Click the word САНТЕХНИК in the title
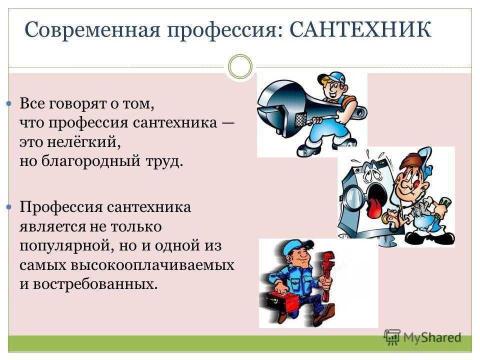pos(360,29)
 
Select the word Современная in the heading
pos(92,30)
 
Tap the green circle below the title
pos(240,66)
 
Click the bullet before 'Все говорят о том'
pos(9,104)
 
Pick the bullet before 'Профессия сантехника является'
pos(9,207)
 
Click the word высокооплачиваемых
pos(152,265)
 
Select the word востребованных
pos(95,284)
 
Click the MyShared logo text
pos(431,337)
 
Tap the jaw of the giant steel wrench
pos(275,107)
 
